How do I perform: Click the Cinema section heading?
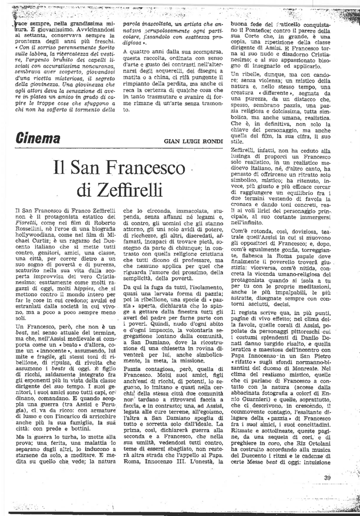coord(38,139)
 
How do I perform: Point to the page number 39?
coord(327,478)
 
